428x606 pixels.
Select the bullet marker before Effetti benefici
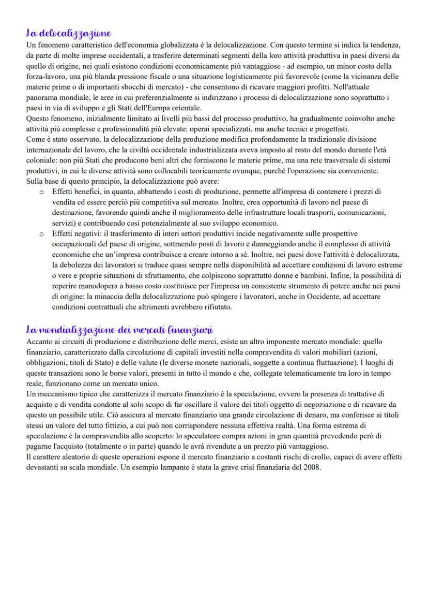(x=41, y=192)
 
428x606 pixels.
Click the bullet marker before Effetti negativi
(x=41, y=233)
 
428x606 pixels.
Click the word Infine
(x=355, y=276)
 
